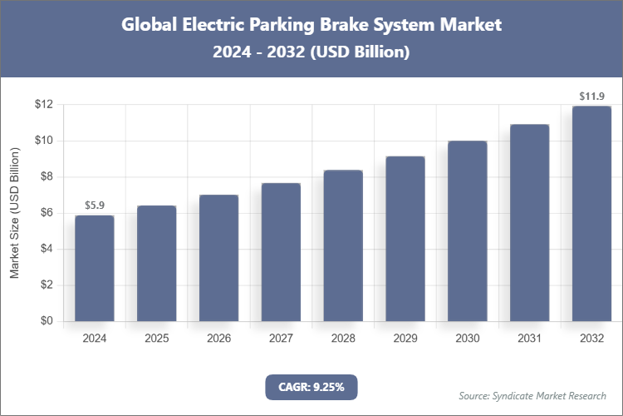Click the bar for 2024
(x=94, y=268)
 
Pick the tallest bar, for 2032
(x=591, y=214)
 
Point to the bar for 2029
(x=405, y=239)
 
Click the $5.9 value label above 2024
(x=94, y=206)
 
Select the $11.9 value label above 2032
(x=591, y=97)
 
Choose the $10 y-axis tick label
(x=44, y=141)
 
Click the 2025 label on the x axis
(x=156, y=339)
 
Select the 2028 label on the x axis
(x=343, y=339)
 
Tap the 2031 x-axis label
(x=529, y=339)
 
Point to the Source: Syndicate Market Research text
(x=532, y=395)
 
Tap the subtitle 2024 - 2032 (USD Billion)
(x=311, y=52)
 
